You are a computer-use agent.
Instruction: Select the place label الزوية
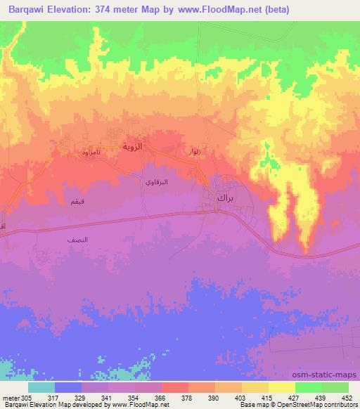coord(133,147)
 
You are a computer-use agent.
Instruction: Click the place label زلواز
coord(193,152)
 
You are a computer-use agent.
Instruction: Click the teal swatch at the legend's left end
coord(41,387)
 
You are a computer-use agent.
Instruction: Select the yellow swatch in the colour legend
coord(281,387)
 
